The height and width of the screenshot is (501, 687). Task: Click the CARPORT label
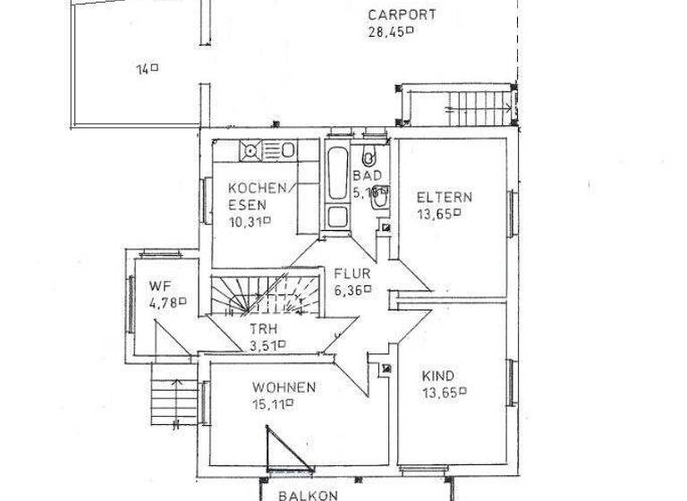pyautogui.click(x=402, y=15)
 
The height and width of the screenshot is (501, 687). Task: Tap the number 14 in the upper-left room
pyautogui.click(x=143, y=68)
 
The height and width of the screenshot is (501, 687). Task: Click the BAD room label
pyautogui.click(x=367, y=176)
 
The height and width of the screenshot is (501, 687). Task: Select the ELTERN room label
pyautogui.click(x=445, y=197)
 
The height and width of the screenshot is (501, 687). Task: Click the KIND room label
pyautogui.click(x=437, y=376)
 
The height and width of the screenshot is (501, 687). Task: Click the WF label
pyautogui.click(x=159, y=285)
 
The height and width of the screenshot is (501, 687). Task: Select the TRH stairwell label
pyautogui.click(x=263, y=327)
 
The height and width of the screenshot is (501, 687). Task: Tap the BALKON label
pyautogui.click(x=307, y=495)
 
